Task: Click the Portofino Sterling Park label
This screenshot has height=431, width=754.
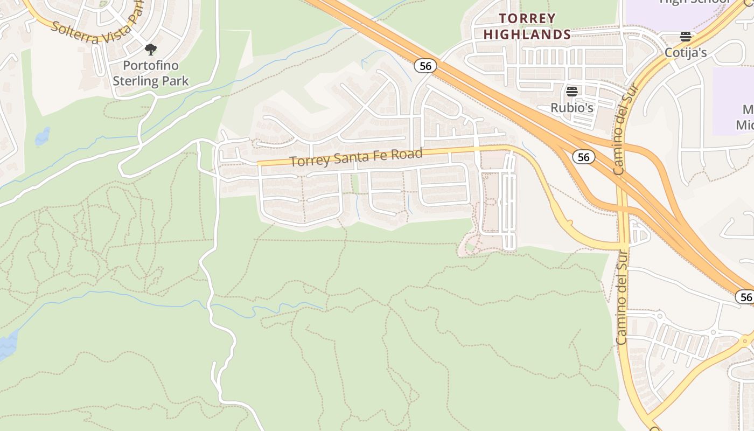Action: [x=151, y=73]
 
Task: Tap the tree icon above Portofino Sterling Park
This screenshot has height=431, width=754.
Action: [x=151, y=50]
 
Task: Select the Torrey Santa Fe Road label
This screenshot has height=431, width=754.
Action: [x=356, y=157]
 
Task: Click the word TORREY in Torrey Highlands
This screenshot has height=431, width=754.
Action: [x=527, y=19]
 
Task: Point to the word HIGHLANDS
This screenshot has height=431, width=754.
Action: [x=527, y=34]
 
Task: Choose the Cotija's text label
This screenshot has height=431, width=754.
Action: [x=685, y=53]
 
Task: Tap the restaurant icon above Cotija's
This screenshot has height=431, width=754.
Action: [x=685, y=37]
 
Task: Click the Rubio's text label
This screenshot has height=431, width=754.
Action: [x=571, y=108]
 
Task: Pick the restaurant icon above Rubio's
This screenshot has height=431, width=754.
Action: [x=571, y=91]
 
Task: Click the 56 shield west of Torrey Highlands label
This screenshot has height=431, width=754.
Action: [x=425, y=66]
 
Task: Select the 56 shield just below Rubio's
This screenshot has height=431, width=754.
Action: [x=583, y=157]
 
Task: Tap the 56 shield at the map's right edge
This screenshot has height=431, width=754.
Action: [x=745, y=297]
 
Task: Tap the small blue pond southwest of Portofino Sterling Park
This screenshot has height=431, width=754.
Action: [x=43, y=137]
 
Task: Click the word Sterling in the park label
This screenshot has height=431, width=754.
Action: [x=135, y=81]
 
